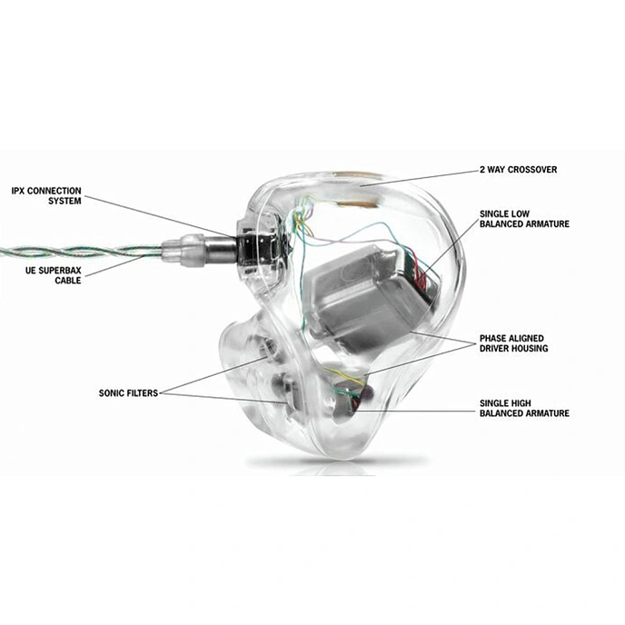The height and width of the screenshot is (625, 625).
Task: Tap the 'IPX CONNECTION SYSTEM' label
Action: tap(46, 196)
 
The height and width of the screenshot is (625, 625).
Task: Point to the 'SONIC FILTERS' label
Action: tap(127, 393)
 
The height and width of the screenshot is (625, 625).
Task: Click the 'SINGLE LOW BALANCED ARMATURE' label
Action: tap(524, 219)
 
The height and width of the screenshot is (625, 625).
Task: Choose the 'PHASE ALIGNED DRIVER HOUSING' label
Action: tap(524, 342)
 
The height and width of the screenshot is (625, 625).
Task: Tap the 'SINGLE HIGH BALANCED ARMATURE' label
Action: tap(524, 407)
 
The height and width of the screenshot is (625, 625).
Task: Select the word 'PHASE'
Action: tap(496, 338)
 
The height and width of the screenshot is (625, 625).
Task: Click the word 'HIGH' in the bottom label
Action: tap(521, 402)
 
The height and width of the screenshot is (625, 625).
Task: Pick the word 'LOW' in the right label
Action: tap(522, 213)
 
